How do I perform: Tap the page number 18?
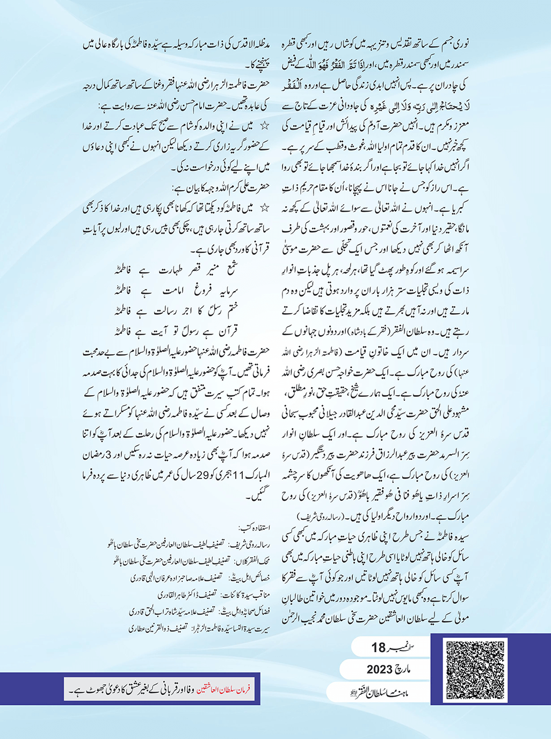[x=379, y=648]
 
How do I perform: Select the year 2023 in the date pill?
[x=382, y=670]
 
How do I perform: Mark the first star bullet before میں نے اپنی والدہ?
[x=264, y=126]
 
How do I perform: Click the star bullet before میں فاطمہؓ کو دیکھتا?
[x=264, y=208]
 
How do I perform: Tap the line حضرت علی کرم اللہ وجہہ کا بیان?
[x=226, y=188]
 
